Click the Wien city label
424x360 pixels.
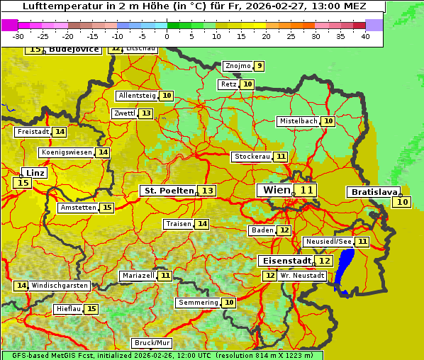(277, 190)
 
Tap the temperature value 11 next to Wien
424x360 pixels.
(306, 190)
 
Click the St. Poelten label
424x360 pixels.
(169, 191)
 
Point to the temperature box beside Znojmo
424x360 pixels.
(260, 66)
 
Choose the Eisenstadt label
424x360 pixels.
(284, 261)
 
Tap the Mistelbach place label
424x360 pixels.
(298, 121)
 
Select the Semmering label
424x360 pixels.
(198, 303)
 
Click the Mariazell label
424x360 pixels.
(138, 275)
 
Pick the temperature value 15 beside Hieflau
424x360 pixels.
(91, 309)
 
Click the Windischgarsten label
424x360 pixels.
(60, 286)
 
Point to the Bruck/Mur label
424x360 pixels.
(152, 342)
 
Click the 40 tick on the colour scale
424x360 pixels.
(365, 35)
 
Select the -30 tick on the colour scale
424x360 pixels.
(18, 35)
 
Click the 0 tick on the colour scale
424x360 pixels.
(167, 35)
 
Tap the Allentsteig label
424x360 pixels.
(137, 96)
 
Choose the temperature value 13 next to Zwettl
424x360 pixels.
(146, 113)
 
